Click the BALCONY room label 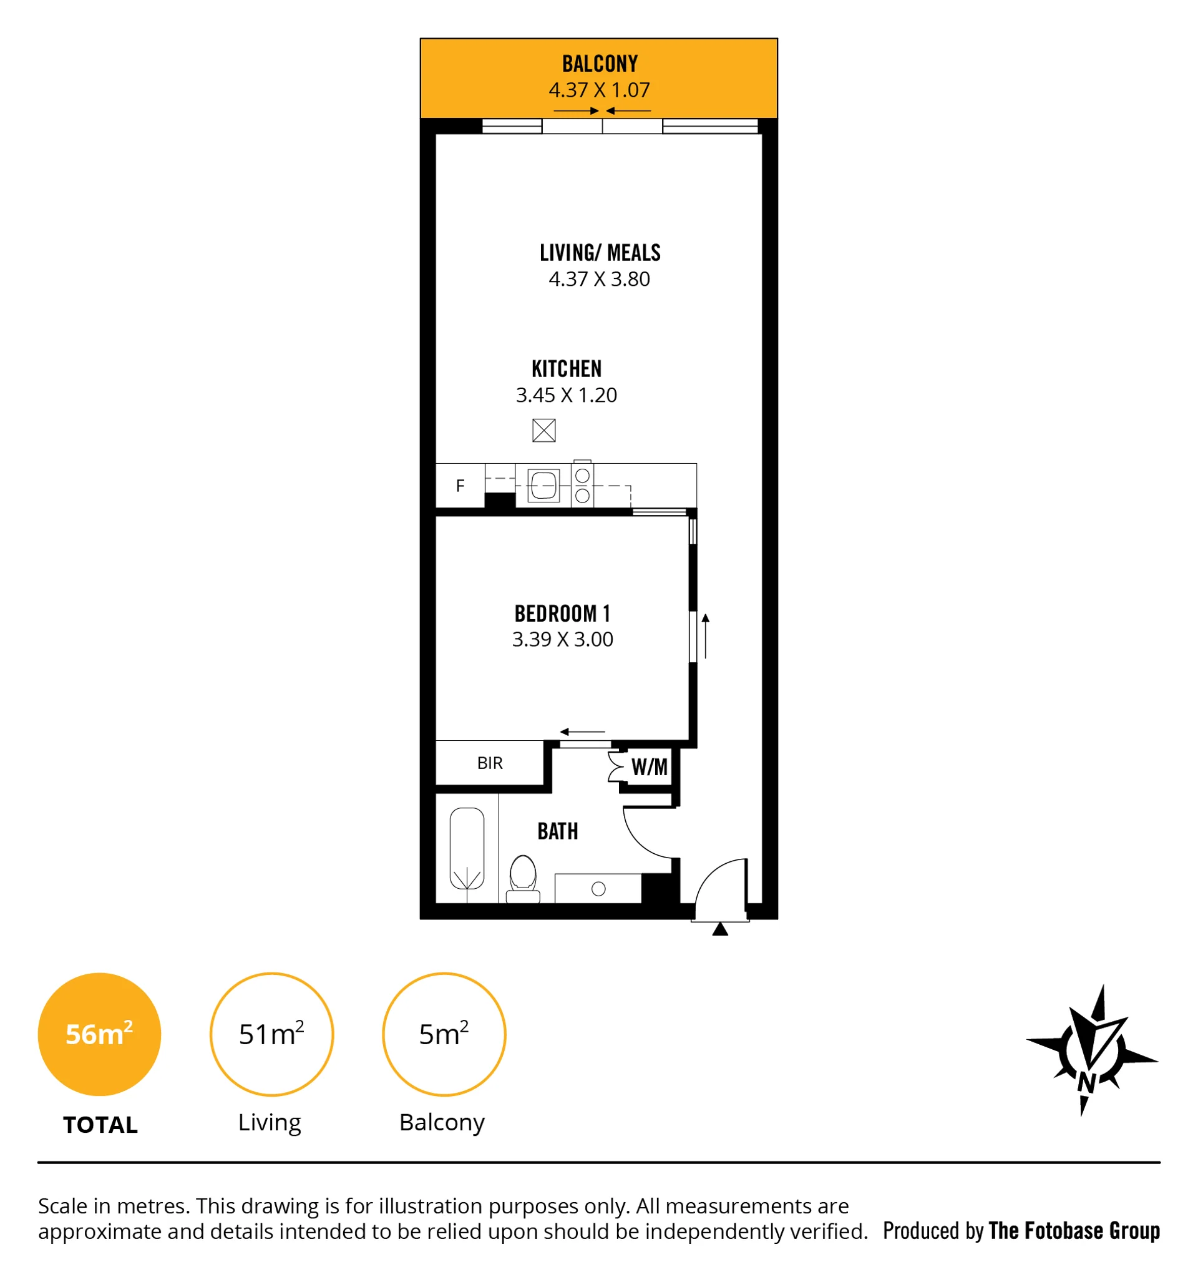[x=600, y=64]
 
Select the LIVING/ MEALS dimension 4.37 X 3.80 [x=599, y=279]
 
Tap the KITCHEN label [x=567, y=369]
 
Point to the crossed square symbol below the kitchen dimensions [x=543, y=430]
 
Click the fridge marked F [x=460, y=486]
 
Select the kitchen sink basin [x=543, y=486]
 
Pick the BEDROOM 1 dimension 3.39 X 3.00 [x=562, y=639]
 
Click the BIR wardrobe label [x=490, y=763]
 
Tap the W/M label [x=650, y=766]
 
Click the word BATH [x=558, y=831]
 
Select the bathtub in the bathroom [x=467, y=849]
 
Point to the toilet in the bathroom [x=523, y=879]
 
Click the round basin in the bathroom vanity [x=598, y=889]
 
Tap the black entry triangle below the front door [x=720, y=929]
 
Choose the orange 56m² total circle [x=99, y=1034]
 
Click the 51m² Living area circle [x=271, y=1034]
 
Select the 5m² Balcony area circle [x=444, y=1034]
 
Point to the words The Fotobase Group [x=1074, y=1230]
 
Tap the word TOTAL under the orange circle [x=100, y=1125]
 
